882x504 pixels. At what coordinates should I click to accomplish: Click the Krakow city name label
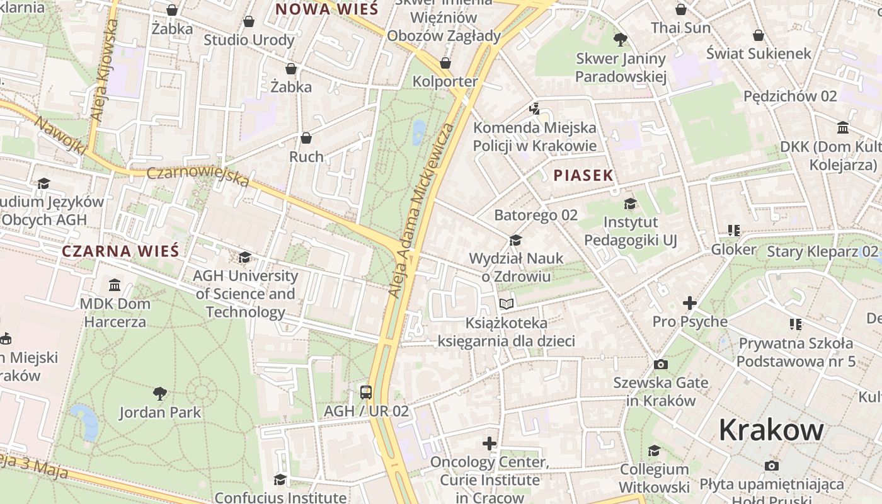coord(771,430)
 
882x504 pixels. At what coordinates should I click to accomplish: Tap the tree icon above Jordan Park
coord(160,394)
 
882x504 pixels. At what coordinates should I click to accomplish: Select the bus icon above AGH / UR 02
coord(366,392)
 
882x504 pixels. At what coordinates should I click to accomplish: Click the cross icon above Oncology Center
coord(490,444)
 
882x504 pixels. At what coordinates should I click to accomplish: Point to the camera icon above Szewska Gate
coord(660,364)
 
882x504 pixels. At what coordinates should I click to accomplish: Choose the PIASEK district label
coord(583,176)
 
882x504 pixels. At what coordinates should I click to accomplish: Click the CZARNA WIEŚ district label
coord(120,251)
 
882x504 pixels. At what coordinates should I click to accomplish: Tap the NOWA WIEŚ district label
coord(327,9)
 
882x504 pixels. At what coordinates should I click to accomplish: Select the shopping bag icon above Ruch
coord(306,137)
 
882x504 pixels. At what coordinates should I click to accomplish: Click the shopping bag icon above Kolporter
coord(445,63)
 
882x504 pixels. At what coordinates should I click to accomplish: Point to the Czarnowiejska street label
coord(198,177)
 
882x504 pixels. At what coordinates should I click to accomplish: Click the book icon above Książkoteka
coord(507,304)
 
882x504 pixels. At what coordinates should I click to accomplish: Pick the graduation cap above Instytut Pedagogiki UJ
coord(630,203)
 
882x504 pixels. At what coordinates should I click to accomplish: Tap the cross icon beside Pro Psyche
coord(690,303)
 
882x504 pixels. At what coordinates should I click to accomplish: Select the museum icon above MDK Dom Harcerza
coord(115,285)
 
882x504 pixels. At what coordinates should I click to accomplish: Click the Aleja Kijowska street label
coord(105,69)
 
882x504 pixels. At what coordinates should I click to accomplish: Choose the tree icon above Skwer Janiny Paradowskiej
coord(621,40)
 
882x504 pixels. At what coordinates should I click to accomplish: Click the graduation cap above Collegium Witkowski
coord(654,451)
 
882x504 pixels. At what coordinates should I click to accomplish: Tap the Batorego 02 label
coord(535,215)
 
